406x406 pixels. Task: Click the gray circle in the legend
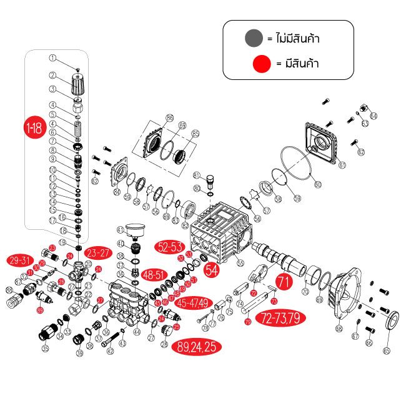coord(254,38)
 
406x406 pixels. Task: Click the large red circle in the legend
coord(261,64)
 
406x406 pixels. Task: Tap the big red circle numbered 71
coord(284,282)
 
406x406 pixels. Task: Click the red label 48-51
coord(154,274)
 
